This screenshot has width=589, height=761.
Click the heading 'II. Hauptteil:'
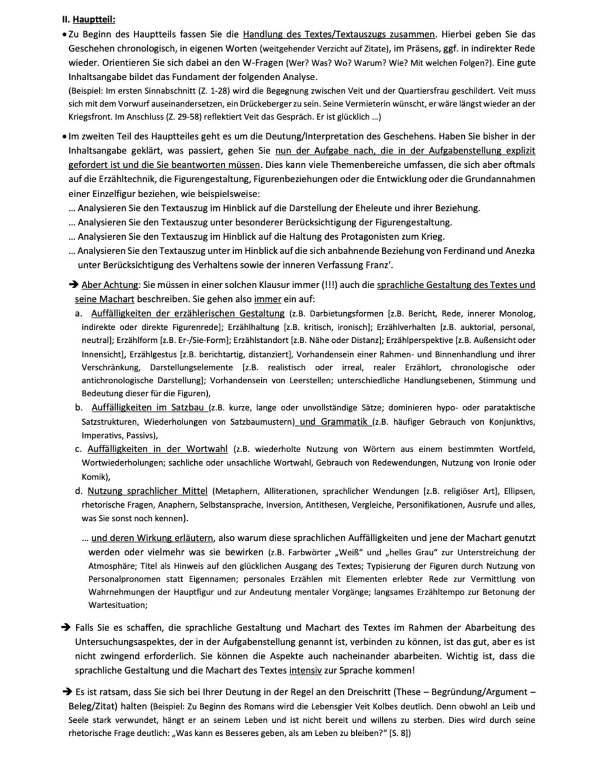(x=88, y=20)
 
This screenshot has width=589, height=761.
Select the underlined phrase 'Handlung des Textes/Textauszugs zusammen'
(x=339, y=34)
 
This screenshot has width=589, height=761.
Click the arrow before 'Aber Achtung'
(x=73, y=285)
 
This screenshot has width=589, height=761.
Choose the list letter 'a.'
(x=79, y=313)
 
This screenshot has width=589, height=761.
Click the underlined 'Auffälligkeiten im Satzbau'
(x=148, y=407)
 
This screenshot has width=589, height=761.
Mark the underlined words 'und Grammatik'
(x=334, y=421)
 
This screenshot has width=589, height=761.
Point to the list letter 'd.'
(x=79, y=491)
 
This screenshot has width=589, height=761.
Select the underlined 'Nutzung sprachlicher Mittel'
(x=148, y=491)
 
